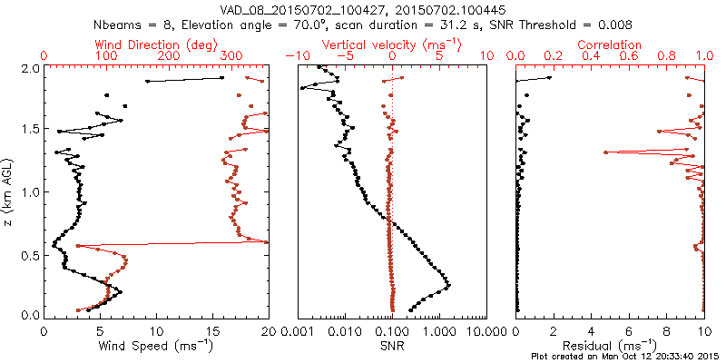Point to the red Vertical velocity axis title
tap(392, 44)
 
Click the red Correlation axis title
tap(610, 44)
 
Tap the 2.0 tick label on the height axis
tap(29, 68)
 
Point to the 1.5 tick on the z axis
tap(29, 130)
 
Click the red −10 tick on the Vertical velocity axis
tap(297, 56)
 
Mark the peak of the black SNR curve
tap(448, 289)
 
